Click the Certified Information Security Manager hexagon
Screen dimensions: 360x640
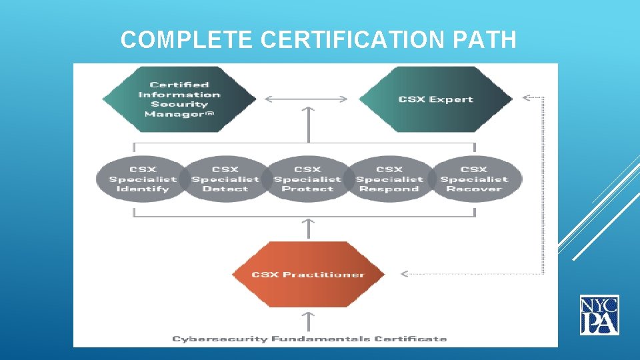point(179,99)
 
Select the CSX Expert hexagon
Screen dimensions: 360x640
point(436,99)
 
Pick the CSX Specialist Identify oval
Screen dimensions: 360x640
point(143,179)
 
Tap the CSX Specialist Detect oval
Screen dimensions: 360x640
point(225,179)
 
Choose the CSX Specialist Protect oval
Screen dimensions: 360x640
point(307,179)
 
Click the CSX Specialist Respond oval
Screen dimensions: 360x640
point(389,179)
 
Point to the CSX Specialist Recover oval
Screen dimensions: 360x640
point(474,179)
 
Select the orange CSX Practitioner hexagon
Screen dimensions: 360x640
point(308,274)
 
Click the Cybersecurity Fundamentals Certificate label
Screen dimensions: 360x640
point(309,339)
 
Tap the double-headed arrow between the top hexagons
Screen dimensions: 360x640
point(306,99)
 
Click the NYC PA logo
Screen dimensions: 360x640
point(599,315)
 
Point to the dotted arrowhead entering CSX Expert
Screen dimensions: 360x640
point(526,97)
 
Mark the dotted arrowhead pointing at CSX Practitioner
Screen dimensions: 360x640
point(404,273)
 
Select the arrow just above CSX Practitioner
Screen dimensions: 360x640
point(308,229)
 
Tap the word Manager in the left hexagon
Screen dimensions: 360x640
point(168,114)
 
